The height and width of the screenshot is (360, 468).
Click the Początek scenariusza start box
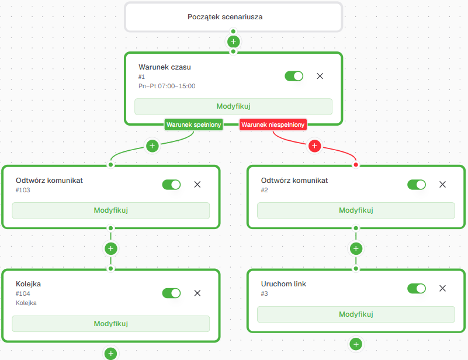click(x=233, y=17)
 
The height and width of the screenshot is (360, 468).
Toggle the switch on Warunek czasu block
click(x=294, y=76)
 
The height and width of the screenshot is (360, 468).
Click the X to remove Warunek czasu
click(x=320, y=76)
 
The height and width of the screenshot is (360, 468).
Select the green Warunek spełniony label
click(x=194, y=125)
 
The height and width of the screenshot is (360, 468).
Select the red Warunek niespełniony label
click(x=273, y=125)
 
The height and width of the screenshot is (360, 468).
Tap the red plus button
click(x=314, y=146)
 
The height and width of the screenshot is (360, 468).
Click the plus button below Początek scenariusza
click(x=233, y=41)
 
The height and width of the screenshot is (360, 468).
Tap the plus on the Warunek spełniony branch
click(x=152, y=146)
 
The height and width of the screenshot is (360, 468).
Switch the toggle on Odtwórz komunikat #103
click(x=171, y=185)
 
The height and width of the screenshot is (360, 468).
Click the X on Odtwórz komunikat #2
click(x=443, y=185)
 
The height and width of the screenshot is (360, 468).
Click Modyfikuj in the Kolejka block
click(x=111, y=324)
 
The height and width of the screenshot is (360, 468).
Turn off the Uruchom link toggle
click(x=417, y=288)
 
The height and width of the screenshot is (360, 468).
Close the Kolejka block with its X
click(x=197, y=293)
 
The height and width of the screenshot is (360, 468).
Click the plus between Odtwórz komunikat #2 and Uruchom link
click(x=356, y=248)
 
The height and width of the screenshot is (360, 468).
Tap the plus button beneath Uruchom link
click(x=356, y=344)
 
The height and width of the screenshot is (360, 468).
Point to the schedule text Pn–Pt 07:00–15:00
click(x=167, y=86)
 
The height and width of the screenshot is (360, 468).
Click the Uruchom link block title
click(x=283, y=284)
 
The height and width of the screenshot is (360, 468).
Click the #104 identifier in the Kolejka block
click(x=23, y=293)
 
